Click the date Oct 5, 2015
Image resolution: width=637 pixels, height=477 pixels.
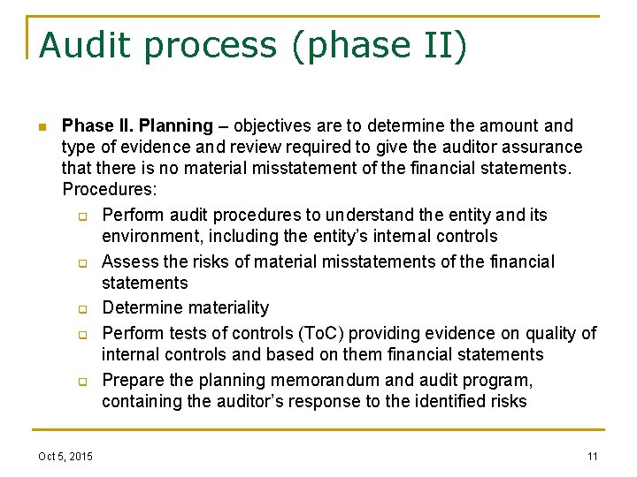(x=65, y=456)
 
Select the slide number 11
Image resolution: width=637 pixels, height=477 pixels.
(x=592, y=456)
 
